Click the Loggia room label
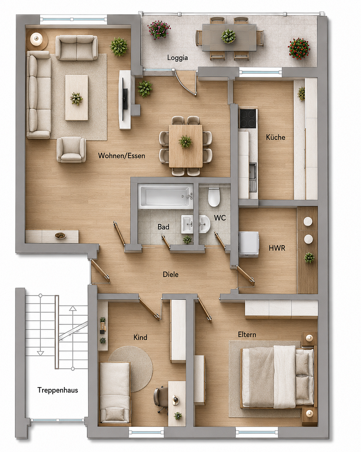[177, 58]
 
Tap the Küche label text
[275, 137]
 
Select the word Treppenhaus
[58, 390]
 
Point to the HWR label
[277, 248]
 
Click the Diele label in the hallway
[171, 274]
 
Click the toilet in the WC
[214, 197]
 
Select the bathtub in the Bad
[165, 196]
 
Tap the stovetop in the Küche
[248, 118]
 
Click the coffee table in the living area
[76, 98]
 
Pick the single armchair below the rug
[71, 149]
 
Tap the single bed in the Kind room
[114, 393]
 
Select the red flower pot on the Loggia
[299, 48]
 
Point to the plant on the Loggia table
[228, 36]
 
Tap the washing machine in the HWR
[249, 244]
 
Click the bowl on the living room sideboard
[61, 236]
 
